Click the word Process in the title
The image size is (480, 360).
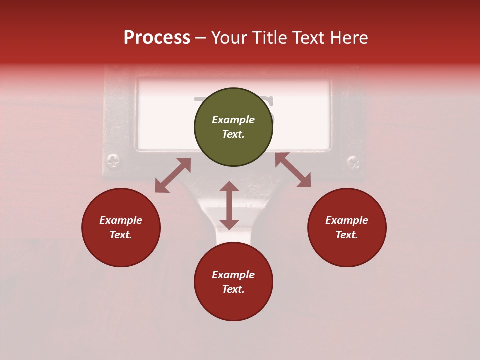tap(157, 38)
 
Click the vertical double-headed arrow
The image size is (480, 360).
tap(229, 205)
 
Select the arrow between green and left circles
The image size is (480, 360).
tap(173, 175)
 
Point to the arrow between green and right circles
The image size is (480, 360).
tap(293, 170)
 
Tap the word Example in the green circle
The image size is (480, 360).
tap(233, 120)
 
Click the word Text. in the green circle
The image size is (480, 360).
tap(233, 134)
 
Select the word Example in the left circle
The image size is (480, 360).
tap(121, 220)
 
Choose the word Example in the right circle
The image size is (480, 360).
tap(347, 220)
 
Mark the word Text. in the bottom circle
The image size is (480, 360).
tap(233, 289)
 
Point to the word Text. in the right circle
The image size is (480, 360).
tap(347, 235)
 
